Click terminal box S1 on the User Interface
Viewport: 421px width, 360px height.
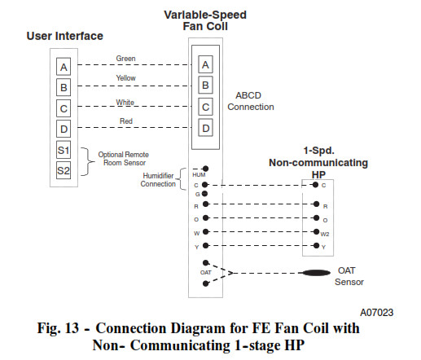coord(64,150)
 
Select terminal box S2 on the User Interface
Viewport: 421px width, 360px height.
coord(64,170)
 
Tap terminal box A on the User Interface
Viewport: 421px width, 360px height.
coord(64,67)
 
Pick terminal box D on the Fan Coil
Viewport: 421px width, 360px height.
coord(205,128)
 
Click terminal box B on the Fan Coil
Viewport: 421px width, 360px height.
coord(205,86)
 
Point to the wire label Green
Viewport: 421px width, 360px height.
coord(125,59)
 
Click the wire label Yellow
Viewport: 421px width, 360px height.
coord(125,78)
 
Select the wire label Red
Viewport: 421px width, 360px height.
coord(126,121)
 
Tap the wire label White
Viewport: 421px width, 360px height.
coord(125,103)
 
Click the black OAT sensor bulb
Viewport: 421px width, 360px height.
coord(316,273)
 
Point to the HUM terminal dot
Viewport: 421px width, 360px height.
coord(206,169)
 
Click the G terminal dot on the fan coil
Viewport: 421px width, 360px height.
coord(204,194)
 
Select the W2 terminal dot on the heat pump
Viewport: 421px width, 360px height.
coord(316,231)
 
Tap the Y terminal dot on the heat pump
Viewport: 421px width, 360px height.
coord(316,245)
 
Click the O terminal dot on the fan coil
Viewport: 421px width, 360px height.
coord(206,217)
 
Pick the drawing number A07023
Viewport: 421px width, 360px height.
coord(376,313)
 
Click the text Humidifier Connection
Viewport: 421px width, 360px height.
coord(158,180)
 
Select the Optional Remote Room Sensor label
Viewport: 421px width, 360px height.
coord(124,159)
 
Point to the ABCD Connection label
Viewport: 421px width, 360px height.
coord(251,101)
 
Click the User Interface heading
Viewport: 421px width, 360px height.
coord(65,36)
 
